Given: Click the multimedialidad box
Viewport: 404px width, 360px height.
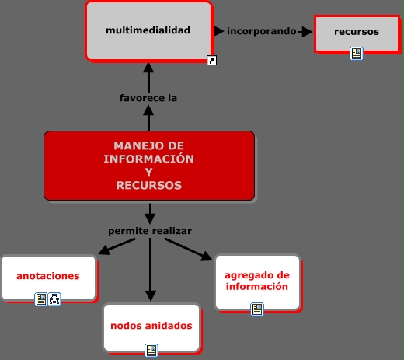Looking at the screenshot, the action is (149, 32).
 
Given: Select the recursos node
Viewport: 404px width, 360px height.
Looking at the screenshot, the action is (357, 33).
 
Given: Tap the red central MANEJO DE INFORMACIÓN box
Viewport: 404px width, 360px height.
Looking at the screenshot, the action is (149, 166).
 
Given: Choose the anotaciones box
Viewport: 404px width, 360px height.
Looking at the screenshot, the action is (49, 278).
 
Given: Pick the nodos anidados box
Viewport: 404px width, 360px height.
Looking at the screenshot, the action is (151, 327).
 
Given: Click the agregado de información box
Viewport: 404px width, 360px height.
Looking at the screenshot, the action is (257, 282).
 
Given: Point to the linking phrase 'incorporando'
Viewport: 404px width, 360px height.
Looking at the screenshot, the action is (262, 31).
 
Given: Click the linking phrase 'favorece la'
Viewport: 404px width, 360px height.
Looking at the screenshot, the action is (148, 98).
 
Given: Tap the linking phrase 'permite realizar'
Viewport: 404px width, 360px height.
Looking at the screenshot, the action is (150, 231).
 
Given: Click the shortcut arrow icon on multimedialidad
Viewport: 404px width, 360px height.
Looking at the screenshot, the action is (211, 61).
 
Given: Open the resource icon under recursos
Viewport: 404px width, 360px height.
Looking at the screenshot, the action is (357, 54).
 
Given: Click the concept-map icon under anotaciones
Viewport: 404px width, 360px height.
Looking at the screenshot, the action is (54, 299).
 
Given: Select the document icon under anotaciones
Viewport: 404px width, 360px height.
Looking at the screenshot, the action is (41, 299).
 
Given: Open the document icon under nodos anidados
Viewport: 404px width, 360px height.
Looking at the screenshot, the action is (151, 351).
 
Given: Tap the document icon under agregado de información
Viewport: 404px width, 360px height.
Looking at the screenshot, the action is (257, 309).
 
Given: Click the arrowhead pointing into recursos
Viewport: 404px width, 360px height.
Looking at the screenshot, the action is (308, 32).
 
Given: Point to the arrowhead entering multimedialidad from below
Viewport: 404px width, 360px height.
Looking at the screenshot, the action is (148, 68).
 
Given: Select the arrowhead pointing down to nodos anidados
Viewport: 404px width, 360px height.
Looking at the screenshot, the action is (150, 295).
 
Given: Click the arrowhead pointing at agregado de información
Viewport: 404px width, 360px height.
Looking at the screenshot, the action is (207, 256).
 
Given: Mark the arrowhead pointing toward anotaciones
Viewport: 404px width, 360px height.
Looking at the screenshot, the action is (104, 250).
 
